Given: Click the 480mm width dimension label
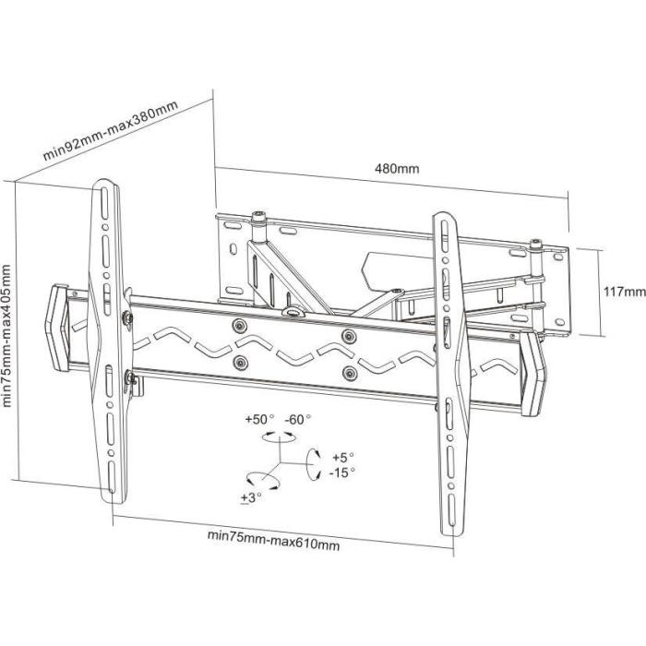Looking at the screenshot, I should pos(397,169).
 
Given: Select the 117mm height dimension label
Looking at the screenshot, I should pos(623,292).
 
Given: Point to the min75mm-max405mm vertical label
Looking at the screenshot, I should pos(8,335).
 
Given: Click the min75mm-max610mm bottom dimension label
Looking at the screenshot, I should pos(273,538).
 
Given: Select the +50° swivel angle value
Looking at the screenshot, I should pos(260,419).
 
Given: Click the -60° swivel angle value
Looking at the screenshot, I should pos(297,419).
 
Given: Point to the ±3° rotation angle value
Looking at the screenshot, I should pos(251,496).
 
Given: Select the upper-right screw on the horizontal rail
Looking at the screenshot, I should pos(349,334).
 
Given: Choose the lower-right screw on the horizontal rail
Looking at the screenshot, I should pos(349,372).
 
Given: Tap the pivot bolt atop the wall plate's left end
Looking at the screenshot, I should pos(258,219).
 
